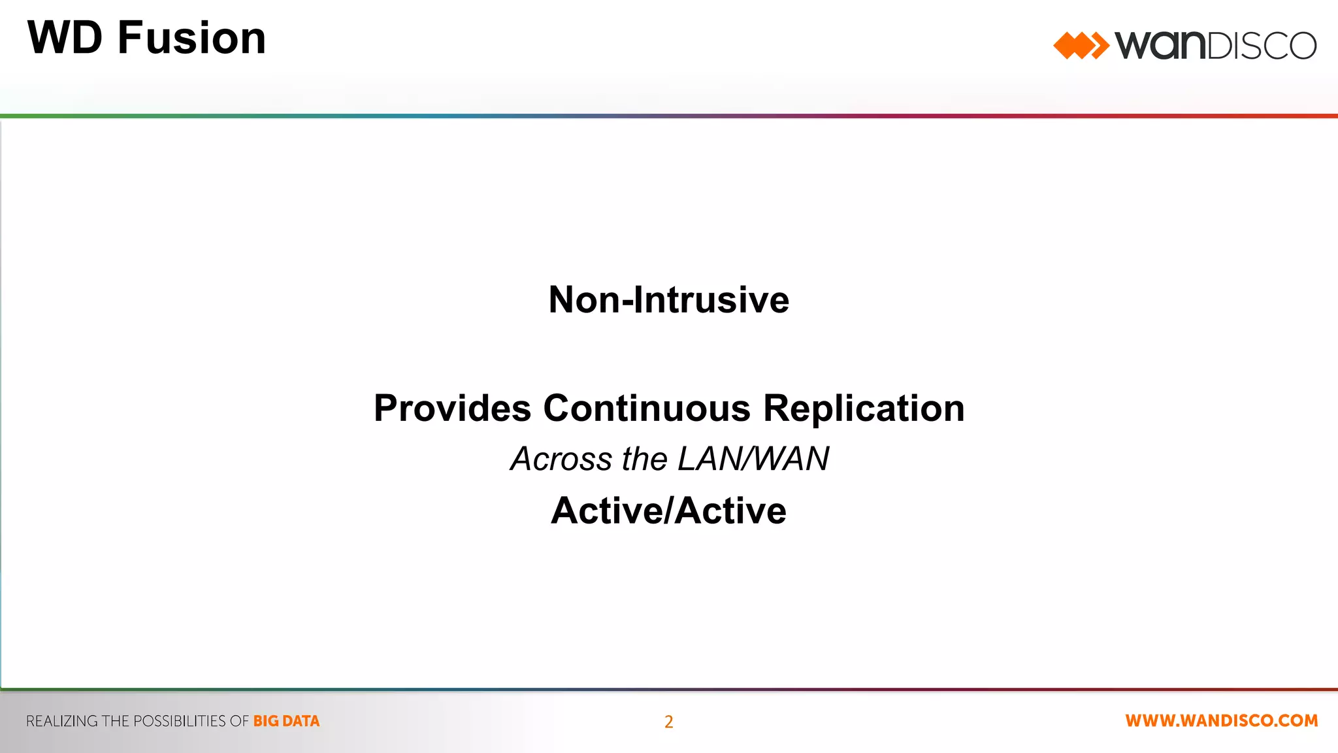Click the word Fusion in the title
[191, 38]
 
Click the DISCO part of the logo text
[1260, 46]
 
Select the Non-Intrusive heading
[668, 300]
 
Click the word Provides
[452, 409]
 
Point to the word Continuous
[647, 409]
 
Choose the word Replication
[864, 409]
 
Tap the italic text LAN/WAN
[753, 459]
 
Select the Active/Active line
[668, 510]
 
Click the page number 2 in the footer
[668, 722]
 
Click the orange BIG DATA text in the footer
[286, 721]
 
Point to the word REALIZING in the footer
[62, 721]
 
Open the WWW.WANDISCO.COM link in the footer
[1221, 720]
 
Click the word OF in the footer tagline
[239, 721]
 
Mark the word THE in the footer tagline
[116, 721]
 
